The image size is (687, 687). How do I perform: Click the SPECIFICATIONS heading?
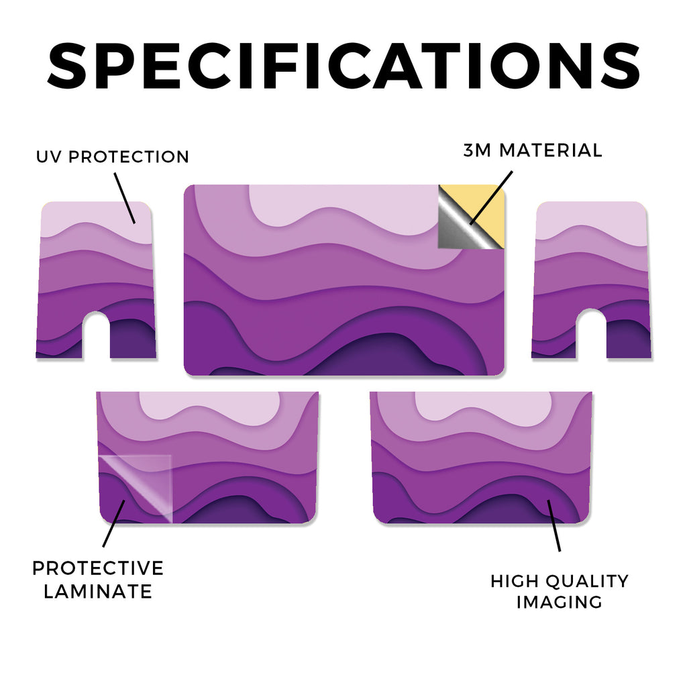(343, 66)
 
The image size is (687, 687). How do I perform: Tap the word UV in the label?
(49, 157)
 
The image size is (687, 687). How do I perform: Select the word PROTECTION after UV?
(129, 157)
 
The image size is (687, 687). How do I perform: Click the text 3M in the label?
(478, 150)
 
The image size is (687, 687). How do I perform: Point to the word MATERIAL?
(551, 150)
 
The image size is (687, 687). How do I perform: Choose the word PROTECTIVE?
(98, 568)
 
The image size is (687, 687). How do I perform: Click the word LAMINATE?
(98, 592)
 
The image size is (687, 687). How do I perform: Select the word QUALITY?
(588, 582)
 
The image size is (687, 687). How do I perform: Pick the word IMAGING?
(560, 602)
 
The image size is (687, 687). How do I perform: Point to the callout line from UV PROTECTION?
(125, 198)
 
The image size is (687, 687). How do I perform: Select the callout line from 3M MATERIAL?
(490, 198)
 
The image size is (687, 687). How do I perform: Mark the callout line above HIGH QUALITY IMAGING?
(553, 525)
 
